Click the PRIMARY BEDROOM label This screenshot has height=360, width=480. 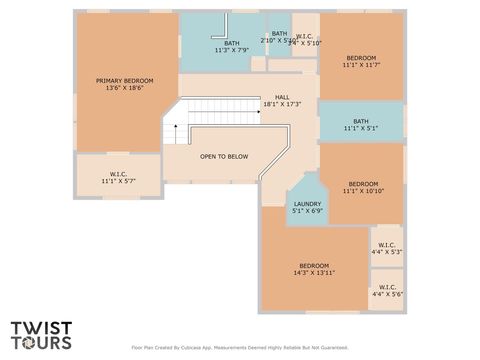125,80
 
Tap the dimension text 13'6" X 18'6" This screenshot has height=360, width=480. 125,88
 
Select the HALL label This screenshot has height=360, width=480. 282,97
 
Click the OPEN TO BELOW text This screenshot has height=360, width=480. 224,157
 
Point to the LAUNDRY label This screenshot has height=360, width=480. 306,204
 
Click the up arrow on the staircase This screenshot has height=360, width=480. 176,128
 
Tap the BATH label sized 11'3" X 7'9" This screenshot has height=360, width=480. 231,43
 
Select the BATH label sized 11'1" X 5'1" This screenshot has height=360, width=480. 360,121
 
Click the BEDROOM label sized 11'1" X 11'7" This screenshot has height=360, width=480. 362,58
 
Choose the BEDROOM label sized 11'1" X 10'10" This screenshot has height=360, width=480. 363,184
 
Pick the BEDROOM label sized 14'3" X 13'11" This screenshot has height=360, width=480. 313,265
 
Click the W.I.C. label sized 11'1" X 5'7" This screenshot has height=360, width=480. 118,175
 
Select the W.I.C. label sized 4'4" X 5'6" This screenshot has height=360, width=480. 386,288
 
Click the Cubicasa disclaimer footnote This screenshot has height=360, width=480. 240,348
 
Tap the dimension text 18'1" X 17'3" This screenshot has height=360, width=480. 282,104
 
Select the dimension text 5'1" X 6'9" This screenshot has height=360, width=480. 306,211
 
